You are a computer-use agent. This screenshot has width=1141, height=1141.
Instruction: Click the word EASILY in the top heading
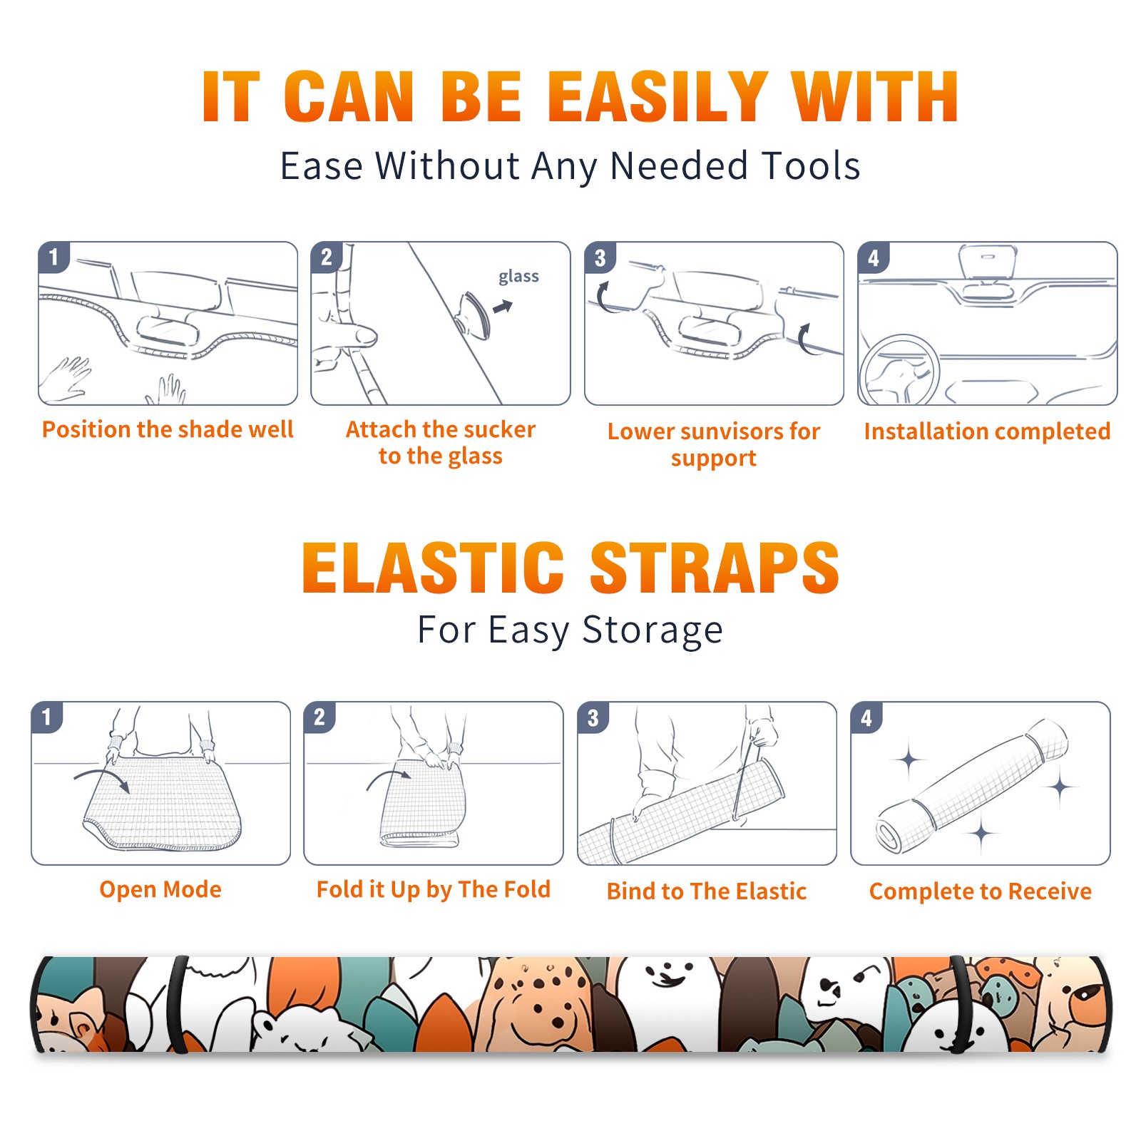(658, 97)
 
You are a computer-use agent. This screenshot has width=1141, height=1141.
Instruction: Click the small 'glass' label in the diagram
(518, 277)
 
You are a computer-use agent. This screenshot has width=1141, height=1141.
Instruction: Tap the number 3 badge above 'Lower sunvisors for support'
(600, 257)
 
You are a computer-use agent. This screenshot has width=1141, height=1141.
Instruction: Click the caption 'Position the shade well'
(168, 429)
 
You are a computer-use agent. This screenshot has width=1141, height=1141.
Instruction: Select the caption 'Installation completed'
(987, 431)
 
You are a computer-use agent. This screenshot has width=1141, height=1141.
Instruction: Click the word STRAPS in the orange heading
(715, 568)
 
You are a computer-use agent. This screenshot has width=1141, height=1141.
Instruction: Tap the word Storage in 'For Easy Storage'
(653, 630)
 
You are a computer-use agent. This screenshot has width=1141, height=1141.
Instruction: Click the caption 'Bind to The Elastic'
(706, 891)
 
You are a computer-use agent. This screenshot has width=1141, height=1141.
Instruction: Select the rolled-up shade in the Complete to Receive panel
(972, 786)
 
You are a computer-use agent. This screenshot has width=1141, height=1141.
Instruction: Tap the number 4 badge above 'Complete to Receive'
(866, 717)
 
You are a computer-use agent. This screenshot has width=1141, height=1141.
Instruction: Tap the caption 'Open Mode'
(160, 889)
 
